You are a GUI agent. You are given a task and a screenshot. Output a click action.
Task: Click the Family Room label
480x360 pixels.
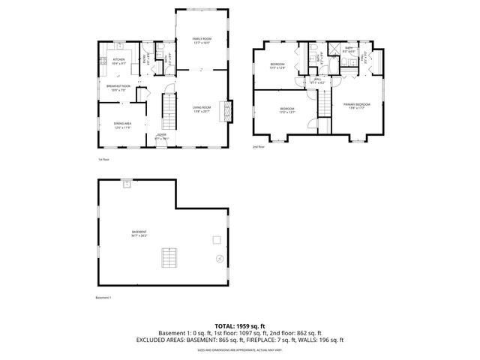pyautogui.click(x=200, y=40)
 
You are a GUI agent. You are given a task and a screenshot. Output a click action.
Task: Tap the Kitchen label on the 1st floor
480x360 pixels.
pyautogui.click(x=118, y=61)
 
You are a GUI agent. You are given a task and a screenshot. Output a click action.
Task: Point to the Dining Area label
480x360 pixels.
pyautogui.click(x=122, y=125)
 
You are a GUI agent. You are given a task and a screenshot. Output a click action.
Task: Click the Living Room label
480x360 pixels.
pyautogui.click(x=201, y=109)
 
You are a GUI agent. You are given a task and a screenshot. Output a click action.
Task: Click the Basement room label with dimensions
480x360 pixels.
pyautogui.click(x=139, y=233)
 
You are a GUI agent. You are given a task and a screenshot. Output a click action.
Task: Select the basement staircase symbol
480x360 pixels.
pyautogui.click(x=170, y=259)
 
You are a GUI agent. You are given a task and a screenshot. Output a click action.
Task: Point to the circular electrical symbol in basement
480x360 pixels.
pyautogui.click(x=219, y=259)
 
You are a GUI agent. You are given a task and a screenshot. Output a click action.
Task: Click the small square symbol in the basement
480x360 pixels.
pyautogui.click(x=216, y=240)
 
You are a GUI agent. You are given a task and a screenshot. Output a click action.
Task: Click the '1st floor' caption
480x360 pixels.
pyautogui.click(x=103, y=160)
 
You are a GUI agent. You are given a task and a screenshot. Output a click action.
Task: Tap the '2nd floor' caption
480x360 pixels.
pyautogui.click(x=259, y=146)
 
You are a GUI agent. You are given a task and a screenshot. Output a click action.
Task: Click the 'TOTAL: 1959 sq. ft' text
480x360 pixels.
pyautogui.click(x=240, y=325)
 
